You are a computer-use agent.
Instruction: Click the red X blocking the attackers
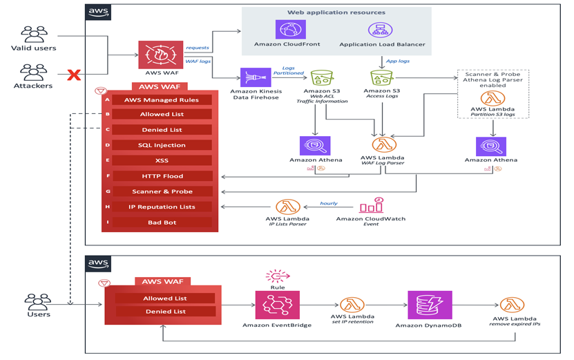tap(74, 75)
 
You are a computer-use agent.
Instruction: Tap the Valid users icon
tap(33, 34)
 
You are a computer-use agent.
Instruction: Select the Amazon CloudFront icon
tap(290, 30)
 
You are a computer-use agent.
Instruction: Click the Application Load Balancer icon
tap(380, 30)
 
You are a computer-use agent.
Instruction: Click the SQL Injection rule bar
tap(162, 145)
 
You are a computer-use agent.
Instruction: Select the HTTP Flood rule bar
tap(162, 176)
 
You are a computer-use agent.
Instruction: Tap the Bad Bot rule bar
tap(162, 222)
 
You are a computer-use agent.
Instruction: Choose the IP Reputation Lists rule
tap(162, 207)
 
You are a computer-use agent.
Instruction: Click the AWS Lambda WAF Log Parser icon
tap(384, 145)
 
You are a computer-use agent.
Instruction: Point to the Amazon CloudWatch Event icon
tap(372, 205)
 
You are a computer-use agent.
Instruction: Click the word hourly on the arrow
tap(329, 203)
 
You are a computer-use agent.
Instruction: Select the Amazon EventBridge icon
tap(277, 305)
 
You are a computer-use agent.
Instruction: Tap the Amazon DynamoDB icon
tap(430, 305)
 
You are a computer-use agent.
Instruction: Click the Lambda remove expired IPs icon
tap(512, 305)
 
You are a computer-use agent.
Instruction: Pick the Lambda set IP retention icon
tap(352, 305)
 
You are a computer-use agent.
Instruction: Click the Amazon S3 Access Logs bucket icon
tap(382, 77)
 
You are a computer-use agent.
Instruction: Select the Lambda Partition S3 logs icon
tap(492, 98)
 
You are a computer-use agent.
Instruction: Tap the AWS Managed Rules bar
tap(162, 100)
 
